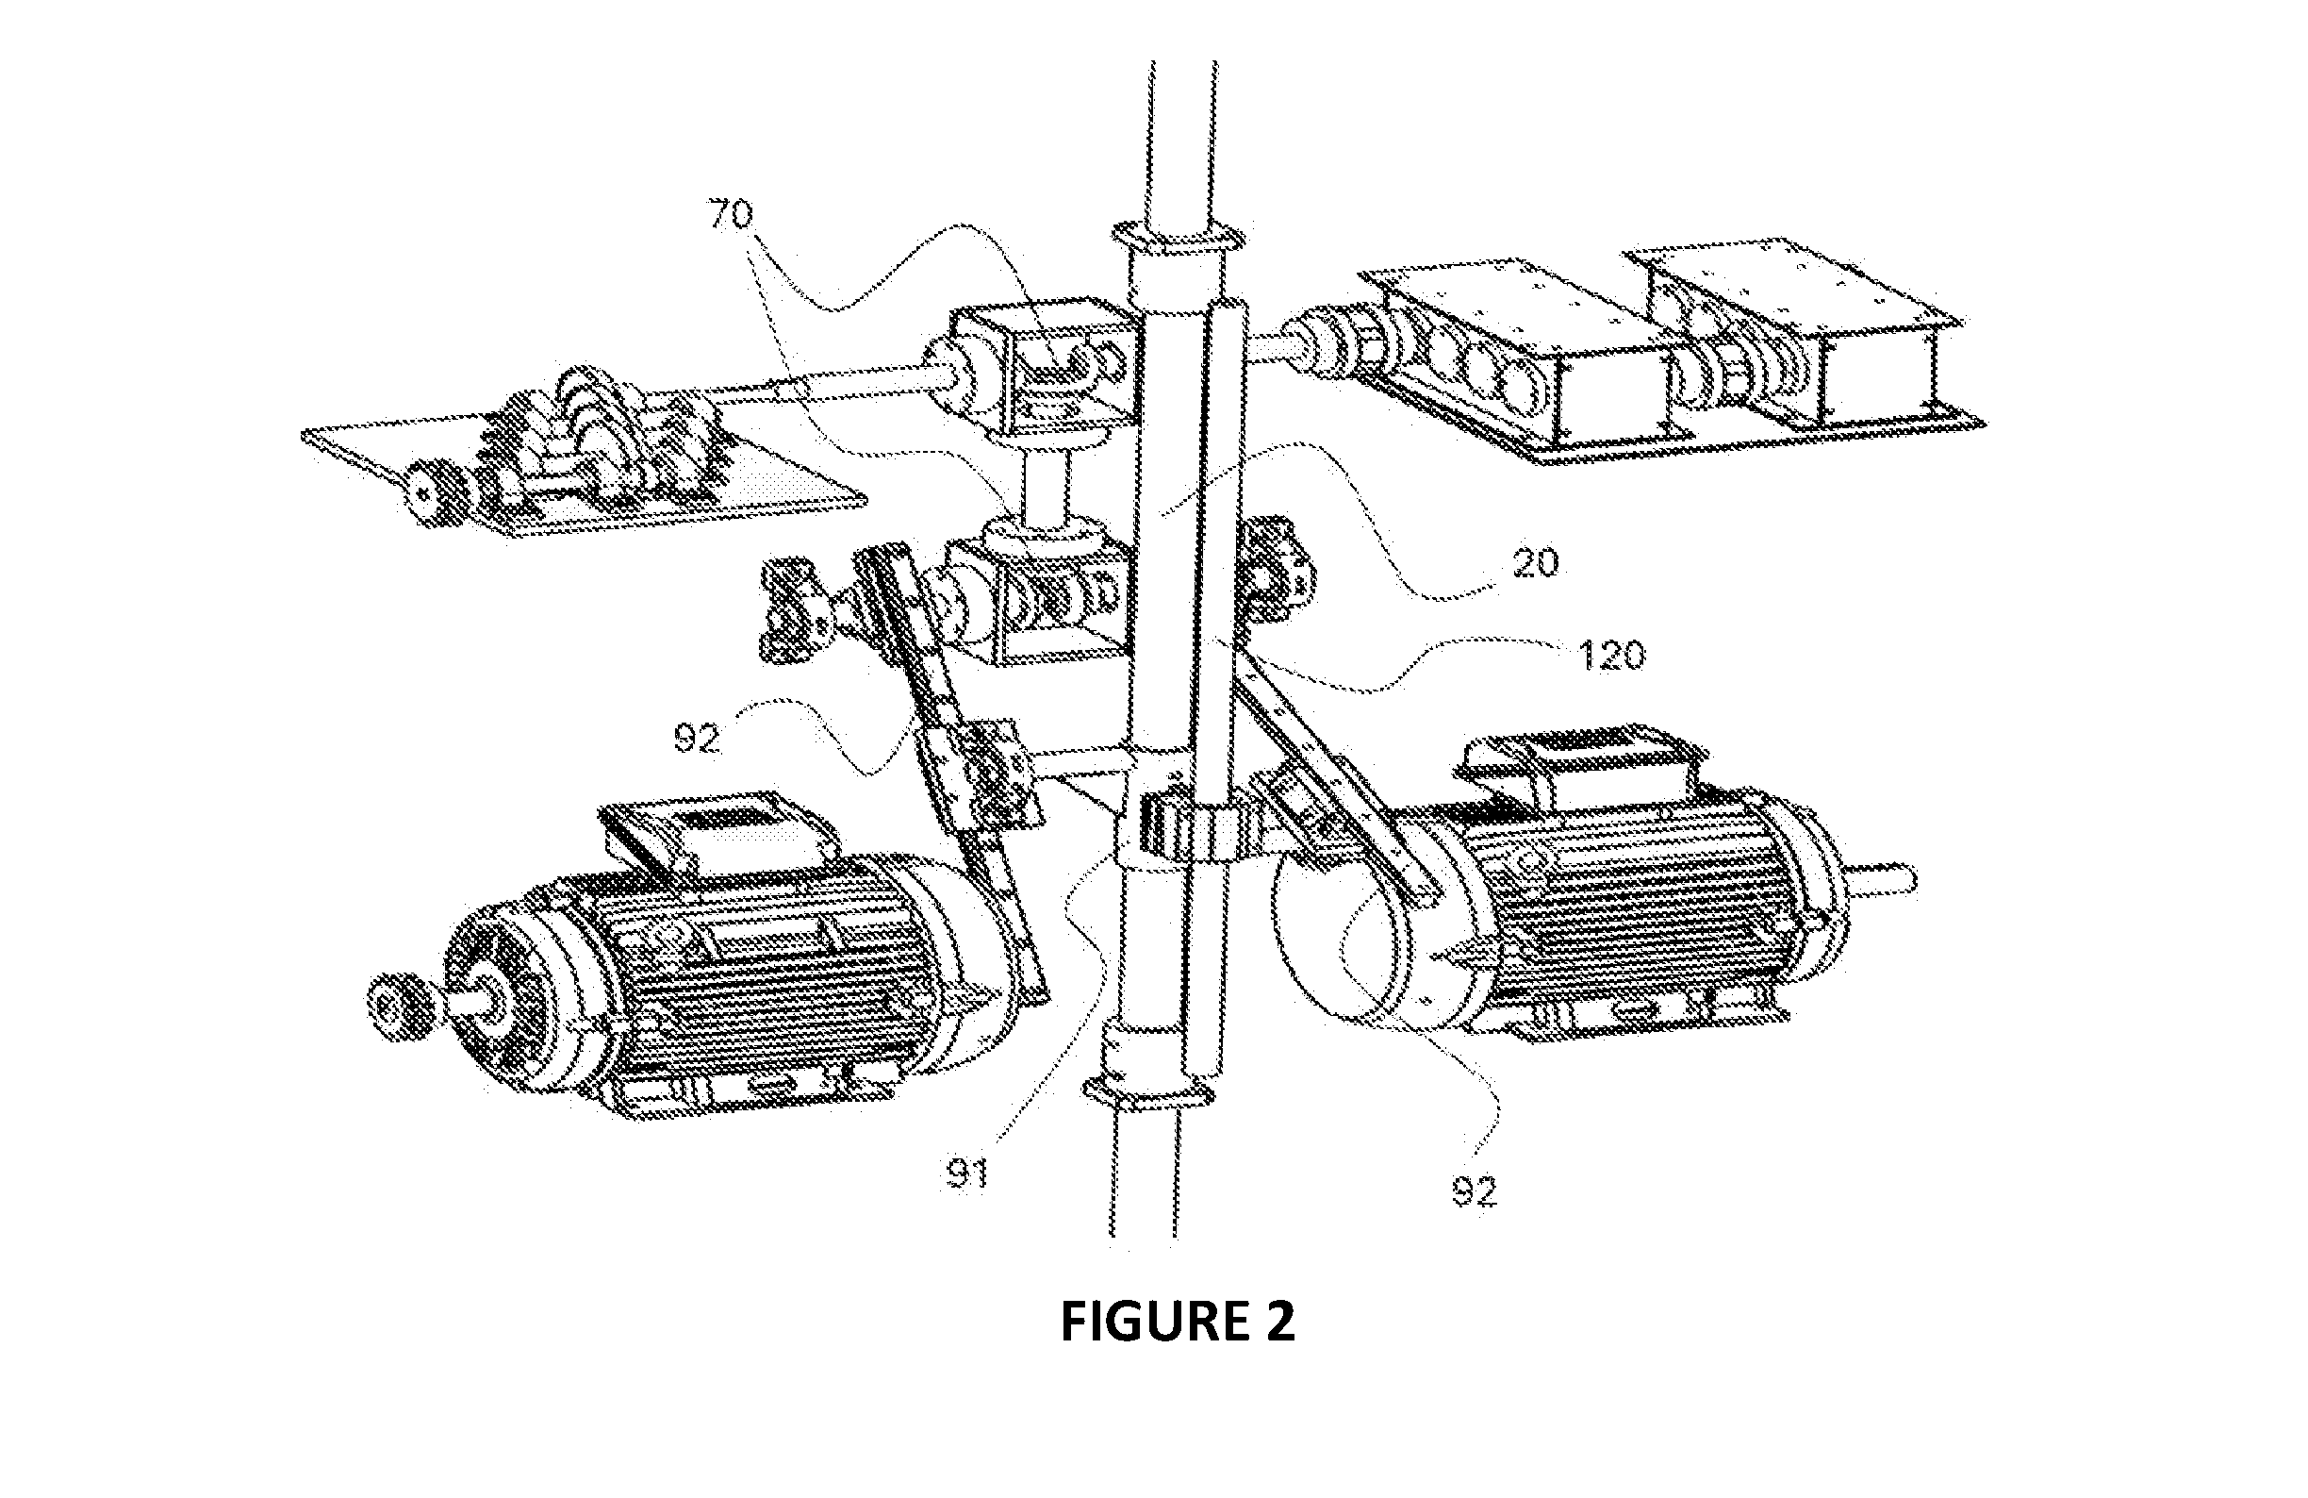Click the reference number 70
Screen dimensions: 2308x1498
tap(732, 214)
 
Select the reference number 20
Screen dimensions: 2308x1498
tap(1533, 563)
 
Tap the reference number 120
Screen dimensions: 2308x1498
tap(1610, 656)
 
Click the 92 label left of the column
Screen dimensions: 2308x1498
tap(697, 740)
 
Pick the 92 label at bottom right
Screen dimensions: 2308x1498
tap(1474, 1191)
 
